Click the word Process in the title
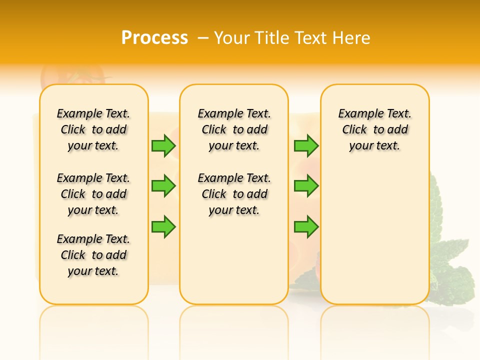coord(154,38)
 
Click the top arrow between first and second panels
coord(163,145)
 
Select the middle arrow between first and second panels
coord(163,186)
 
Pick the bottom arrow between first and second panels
coord(163,226)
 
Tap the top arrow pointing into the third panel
coord(306,145)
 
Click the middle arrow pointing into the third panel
coord(306,186)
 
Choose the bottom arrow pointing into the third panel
coord(306,226)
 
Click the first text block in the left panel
coord(93,129)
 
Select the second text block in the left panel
coord(93,194)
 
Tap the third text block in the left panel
coord(93,255)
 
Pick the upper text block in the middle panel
coord(234,129)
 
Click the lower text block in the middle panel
coord(234,194)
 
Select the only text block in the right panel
coord(374,129)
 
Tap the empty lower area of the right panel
coord(374,240)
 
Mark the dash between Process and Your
coord(203,38)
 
